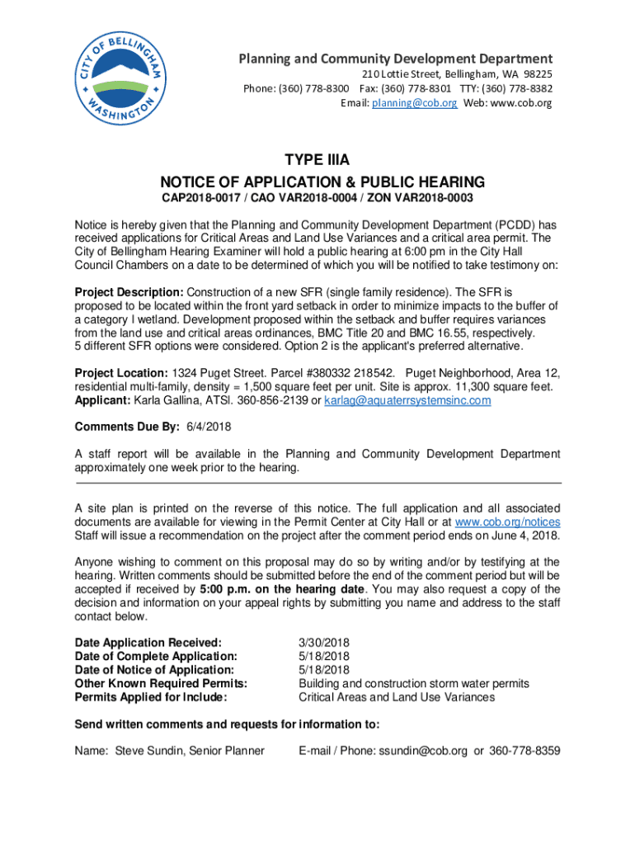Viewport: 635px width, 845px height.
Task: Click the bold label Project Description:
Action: [x=129, y=293]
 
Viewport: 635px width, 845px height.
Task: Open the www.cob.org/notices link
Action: [x=507, y=522]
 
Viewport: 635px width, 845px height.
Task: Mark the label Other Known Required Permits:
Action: [x=161, y=683]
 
